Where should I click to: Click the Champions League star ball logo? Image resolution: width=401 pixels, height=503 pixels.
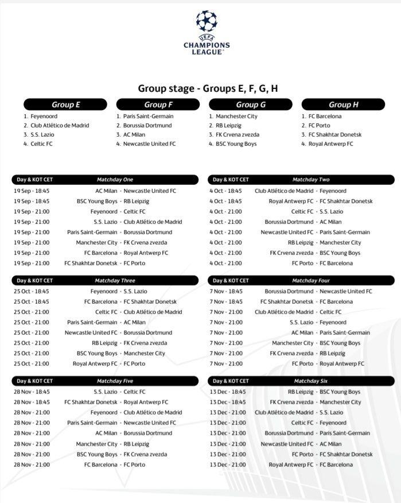pyautogui.click(x=207, y=21)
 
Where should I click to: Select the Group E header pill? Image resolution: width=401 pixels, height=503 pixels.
pyautogui.click(x=65, y=105)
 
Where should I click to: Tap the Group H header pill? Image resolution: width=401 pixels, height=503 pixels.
pyautogui.click(x=343, y=105)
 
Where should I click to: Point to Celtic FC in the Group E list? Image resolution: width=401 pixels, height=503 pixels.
pyautogui.click(x=41, y=144)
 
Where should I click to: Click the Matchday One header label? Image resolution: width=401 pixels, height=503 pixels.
pyautogui.click(x=115, y=180)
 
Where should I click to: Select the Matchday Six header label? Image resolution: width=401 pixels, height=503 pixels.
pyautogui.click(x=310, y=381)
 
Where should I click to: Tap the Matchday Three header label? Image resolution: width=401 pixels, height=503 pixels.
pyautogui.click(x=115, y=281)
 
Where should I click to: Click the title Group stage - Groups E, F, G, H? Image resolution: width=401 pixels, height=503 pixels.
pyautogui.click(x=208, y=88)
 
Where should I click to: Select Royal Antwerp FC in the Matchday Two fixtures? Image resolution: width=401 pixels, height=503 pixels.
pyautogui.click(x=291, y=201)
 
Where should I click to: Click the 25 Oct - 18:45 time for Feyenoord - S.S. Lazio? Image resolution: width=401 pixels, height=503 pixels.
pyautogui.click(x=32, y=291)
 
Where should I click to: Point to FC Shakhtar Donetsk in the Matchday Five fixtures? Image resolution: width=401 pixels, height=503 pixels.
pyautogui.click(x=91, y=402)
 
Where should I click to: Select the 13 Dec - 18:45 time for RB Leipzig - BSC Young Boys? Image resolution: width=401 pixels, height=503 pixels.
pyautogui.click(x=228, y=392)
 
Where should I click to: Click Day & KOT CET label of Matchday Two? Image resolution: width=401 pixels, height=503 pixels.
pyautogui.click(x=231, y=180)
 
